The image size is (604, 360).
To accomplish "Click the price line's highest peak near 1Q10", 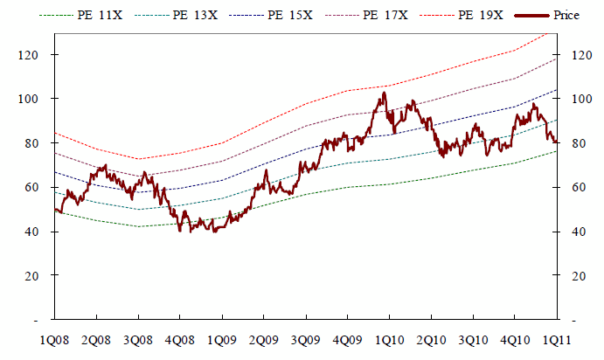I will [383, 93].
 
